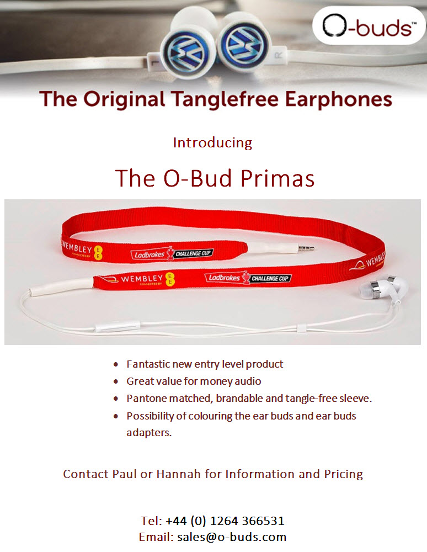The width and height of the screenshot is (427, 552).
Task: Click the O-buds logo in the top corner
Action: click(369, 25)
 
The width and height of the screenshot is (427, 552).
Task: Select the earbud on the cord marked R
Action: click(244, 43)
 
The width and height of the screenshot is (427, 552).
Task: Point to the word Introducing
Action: click(213, 142)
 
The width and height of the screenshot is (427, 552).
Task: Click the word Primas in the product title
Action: click(277, 178)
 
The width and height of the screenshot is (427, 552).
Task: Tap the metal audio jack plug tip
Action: click(306, 248)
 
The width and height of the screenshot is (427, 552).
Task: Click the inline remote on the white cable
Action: click(118, 326)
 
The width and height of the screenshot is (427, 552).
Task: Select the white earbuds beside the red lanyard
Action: click(384, 289)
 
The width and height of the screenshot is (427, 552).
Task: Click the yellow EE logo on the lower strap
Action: click(170, 279)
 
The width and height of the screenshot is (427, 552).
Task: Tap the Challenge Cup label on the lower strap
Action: click(270, 278)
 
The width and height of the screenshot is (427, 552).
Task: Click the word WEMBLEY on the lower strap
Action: click(142, 279)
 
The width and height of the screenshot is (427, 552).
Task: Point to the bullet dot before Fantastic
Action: click(116, 364)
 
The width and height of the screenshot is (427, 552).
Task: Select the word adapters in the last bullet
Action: click(149, 432)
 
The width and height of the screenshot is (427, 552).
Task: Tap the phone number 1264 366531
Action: click(247, 521)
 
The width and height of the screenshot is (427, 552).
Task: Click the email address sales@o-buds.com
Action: click(232, 537)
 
